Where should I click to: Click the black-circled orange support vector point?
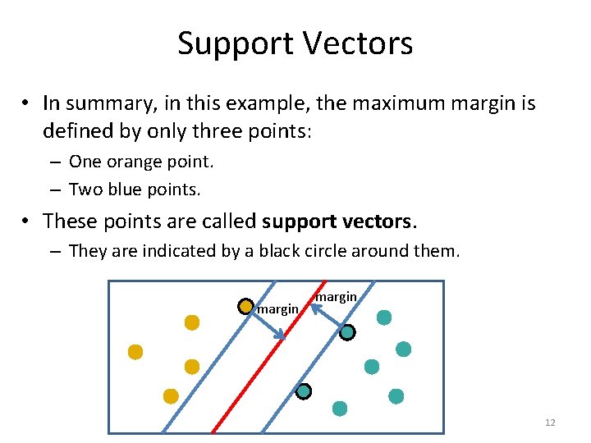(245, 307)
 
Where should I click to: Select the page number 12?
(550, 422)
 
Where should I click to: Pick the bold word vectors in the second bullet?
(376, 221)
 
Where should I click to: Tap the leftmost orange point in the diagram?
(135, 352)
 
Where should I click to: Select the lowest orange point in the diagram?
(171, 396)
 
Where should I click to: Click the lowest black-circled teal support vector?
(304, 391)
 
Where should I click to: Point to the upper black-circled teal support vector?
(347, 332)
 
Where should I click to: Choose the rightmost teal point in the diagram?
(403, 349)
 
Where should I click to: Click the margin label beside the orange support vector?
(277, 309)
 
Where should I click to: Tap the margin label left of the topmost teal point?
(336, 296)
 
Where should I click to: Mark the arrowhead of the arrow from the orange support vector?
(282, 336)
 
